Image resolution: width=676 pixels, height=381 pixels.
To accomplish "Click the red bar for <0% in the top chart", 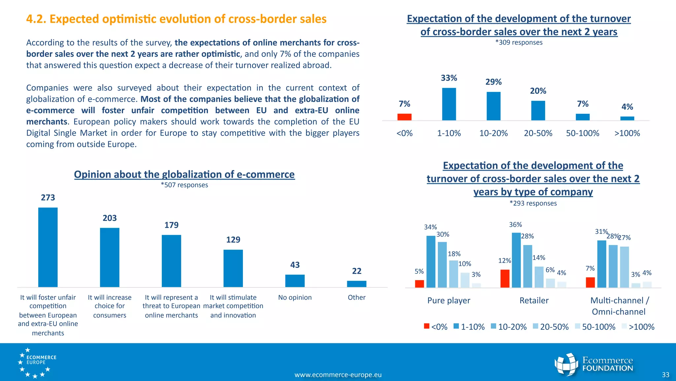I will coord(404,117).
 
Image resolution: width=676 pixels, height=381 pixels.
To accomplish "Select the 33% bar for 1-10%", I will coord(449,104).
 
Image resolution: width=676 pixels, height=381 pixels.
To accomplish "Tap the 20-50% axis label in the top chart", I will coord(538,133).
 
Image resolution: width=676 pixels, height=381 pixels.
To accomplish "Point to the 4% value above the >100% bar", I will coord(627,107).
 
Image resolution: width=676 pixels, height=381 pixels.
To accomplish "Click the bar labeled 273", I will coord(48,247).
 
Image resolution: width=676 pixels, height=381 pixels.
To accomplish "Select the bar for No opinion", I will coord(295,281).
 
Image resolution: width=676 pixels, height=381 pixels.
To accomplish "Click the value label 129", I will coord(233,240).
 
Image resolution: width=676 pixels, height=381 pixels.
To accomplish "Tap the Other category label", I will coord(356,297).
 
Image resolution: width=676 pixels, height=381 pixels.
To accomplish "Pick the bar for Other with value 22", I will coord(356,284).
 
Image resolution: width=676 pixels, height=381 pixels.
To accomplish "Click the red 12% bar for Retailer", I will coord(505,278).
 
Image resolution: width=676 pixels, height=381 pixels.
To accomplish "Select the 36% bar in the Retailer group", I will coord(516,260).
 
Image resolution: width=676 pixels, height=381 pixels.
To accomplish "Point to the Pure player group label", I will coord(449,300).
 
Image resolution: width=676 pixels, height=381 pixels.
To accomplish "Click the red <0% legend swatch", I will coord(426,326).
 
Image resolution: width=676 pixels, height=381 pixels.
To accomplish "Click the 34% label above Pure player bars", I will coord(430,227).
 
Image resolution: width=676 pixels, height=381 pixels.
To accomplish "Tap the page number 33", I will coord(665,375).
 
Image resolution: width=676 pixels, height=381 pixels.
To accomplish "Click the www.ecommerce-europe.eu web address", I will coord(338,375).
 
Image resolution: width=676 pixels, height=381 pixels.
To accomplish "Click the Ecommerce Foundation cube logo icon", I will coord(566,364).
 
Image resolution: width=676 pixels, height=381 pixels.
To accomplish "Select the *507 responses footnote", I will coord(184,185).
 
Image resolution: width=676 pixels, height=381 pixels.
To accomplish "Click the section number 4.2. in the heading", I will coord(36,19).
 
